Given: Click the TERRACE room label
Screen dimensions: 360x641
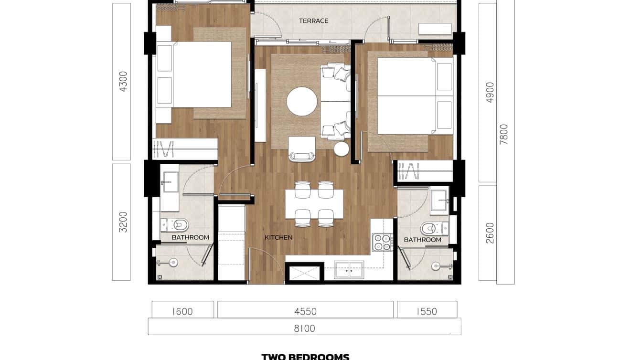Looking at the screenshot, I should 313,21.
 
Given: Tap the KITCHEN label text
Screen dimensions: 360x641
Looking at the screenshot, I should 278,237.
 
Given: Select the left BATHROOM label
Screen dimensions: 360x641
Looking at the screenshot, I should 190,237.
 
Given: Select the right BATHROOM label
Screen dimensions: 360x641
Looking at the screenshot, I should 422,240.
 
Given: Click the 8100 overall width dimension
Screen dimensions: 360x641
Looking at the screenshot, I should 304,328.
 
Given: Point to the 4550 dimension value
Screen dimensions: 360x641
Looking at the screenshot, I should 305,312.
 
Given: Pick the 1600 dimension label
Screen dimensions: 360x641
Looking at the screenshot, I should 182,312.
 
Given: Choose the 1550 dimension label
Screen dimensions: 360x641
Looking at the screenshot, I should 427,312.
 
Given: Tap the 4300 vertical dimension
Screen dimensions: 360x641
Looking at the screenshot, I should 123,82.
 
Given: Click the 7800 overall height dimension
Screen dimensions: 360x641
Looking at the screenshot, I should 503,135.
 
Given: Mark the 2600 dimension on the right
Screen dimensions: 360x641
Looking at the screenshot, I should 490,233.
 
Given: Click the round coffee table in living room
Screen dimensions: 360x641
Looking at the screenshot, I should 302,101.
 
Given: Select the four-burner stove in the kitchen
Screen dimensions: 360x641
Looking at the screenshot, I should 382,242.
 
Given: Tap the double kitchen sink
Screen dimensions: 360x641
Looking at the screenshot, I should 349,270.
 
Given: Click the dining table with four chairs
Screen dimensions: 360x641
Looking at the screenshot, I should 314,204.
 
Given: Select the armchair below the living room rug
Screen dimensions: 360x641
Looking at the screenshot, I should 302,149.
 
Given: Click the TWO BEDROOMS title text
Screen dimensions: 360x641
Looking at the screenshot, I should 305,356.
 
